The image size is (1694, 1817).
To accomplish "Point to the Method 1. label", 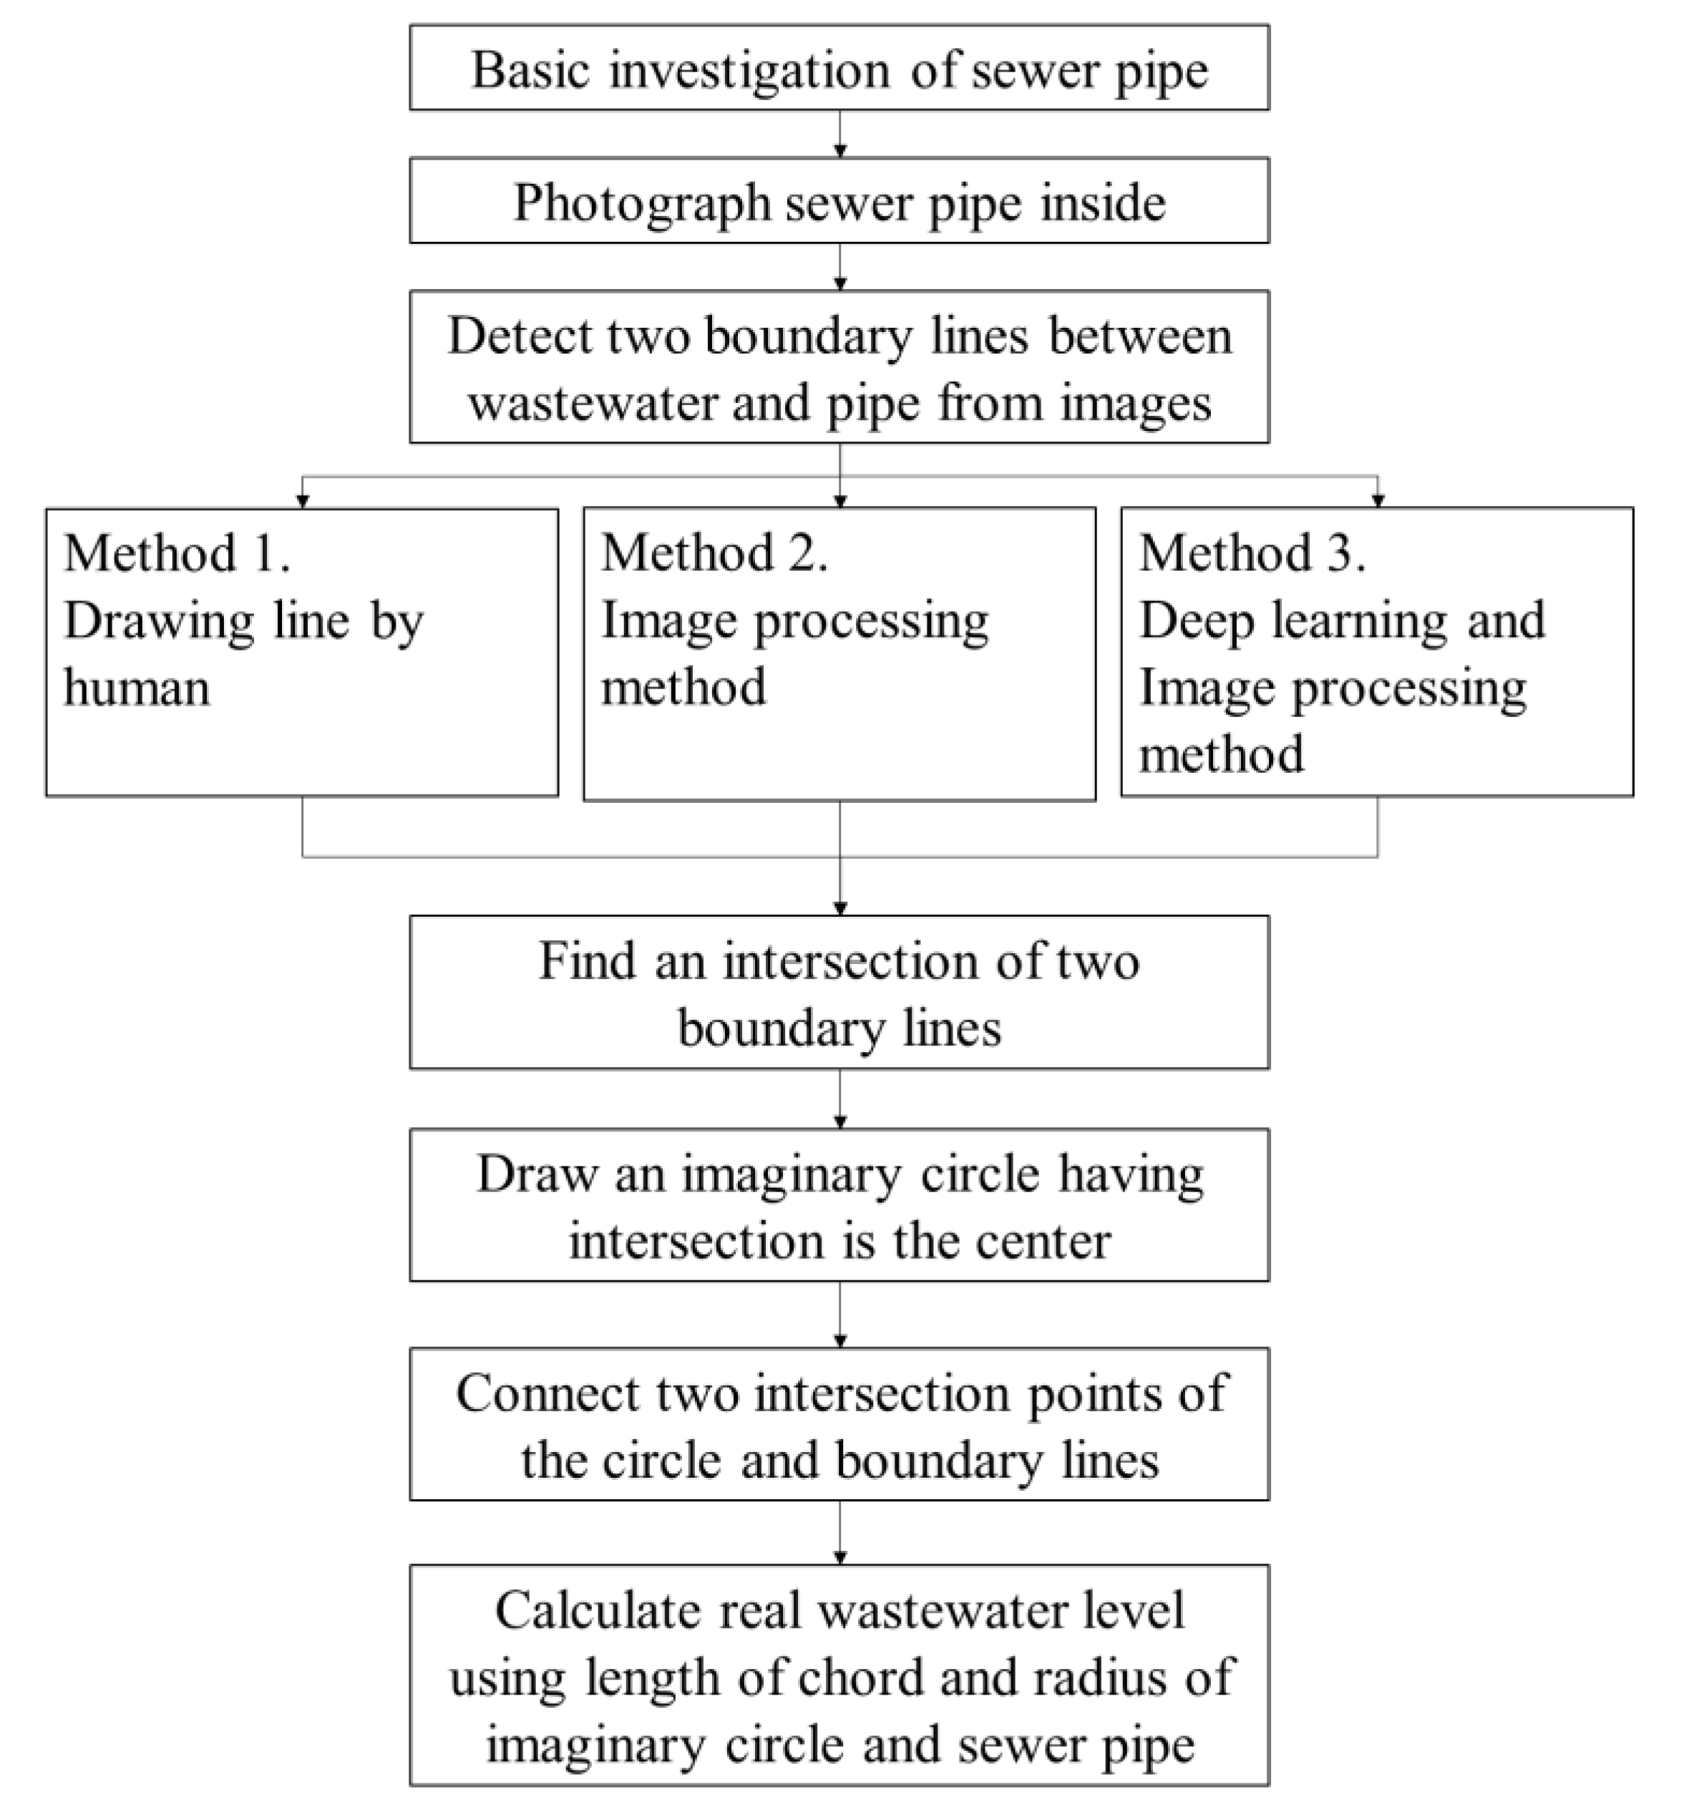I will tap(177, 553).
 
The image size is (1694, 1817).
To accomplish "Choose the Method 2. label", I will tap(715, 553).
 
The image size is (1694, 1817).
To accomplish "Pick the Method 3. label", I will tap(1252, 553).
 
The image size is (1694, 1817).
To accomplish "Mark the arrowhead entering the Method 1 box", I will tap(303, 501).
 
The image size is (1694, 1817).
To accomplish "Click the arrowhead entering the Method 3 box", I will tap(1378, 501).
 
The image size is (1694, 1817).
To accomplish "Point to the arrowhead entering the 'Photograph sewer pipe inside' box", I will tap(840, 151).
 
